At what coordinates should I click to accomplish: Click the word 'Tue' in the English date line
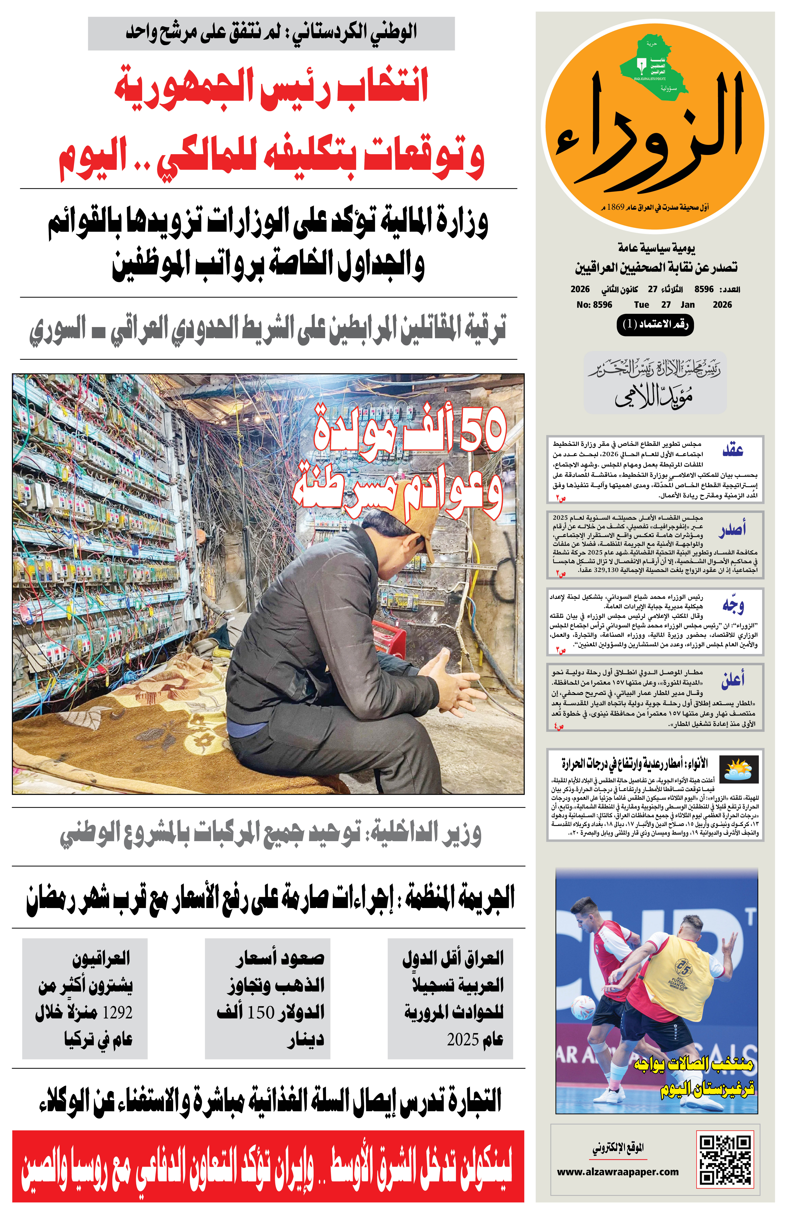641,305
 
